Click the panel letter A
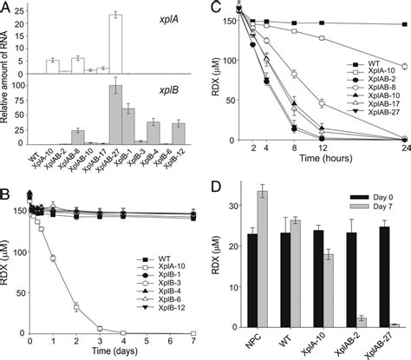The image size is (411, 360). click(8, 8)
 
